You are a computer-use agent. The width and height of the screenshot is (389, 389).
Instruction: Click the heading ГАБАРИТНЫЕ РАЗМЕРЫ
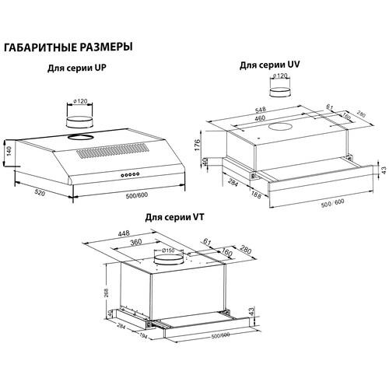[x=68, y=47]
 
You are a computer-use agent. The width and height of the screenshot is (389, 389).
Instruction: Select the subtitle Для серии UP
[x=77, y=68]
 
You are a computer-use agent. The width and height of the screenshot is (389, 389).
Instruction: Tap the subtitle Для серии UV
[x=269, y=65]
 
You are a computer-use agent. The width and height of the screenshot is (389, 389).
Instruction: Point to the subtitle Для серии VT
[x=174, y=217]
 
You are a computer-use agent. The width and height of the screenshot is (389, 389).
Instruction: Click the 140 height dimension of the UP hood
[x=9, y=151]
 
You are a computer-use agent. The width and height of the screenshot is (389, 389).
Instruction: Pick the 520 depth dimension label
[x=40, y=192]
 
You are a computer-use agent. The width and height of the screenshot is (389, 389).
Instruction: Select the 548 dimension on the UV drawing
[x=260, y=110]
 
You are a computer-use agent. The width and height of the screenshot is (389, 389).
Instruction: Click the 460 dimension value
[x=259, y=118]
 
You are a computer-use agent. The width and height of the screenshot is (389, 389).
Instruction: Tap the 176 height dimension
[x=198, y=145]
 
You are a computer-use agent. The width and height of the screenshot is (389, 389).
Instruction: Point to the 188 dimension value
[x=256, y=194]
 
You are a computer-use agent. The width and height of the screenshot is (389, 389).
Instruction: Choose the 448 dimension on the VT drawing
[x=124, y=233]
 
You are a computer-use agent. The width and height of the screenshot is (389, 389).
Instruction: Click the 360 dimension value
[x=135, y=242]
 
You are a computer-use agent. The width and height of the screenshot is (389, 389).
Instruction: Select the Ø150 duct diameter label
[x=168, y=251]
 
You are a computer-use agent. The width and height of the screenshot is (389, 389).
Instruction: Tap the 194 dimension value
[x=142, y=336]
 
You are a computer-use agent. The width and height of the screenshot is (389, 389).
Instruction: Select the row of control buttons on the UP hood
[x=130, y=175]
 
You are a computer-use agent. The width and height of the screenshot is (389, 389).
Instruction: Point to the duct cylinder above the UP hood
[x=79, y=122]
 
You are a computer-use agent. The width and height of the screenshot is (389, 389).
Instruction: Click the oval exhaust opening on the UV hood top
[x=280, y=127]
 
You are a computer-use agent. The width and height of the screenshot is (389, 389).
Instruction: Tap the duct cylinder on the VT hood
[x=168, y=260]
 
